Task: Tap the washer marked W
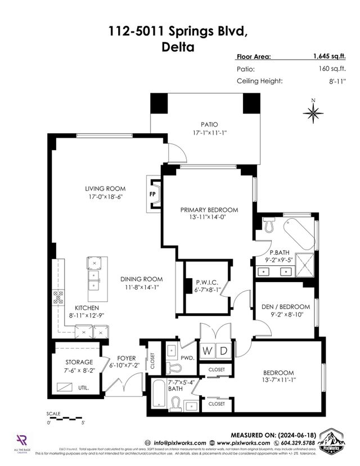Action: tap(207, 351)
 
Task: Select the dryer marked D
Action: tap(223, 351)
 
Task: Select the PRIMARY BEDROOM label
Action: tap(209, 210)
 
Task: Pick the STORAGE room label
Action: tap(79, 363)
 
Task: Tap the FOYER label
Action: tap(127, 358)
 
